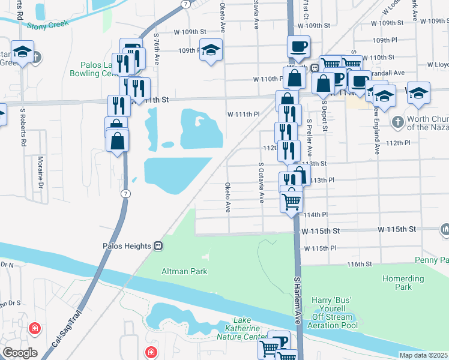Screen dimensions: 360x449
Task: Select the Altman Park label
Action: pyautogui.click(x=184, y=271)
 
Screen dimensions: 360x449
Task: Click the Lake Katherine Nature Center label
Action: pyautogui.click(x=243, y=332)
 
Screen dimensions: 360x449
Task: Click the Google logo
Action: pyautogui.click(x=20, y=353)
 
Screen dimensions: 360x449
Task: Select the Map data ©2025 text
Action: pyautogui.click(x=423, y=355)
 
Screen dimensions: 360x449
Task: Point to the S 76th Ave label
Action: pyautogui.click(x=156, y=47)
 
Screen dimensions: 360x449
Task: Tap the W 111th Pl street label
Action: pyautogui.click(x=243, y=114)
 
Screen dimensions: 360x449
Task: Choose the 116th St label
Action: pyautogui.click(x=360, y=263)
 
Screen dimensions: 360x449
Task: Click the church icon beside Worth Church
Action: pyautogui.click(x=397, y=122)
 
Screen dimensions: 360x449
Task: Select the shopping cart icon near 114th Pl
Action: pyautogui.click(x=292, y=200)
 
